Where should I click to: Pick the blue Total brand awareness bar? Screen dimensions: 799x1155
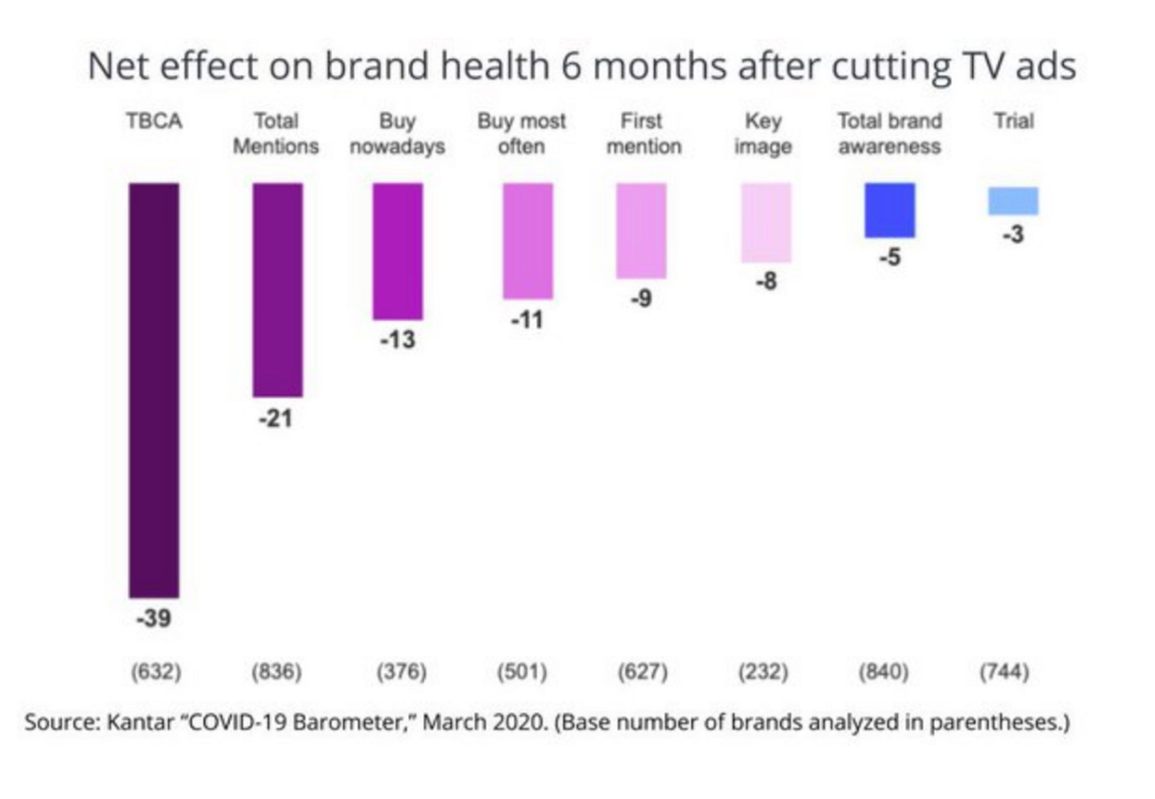pos(890,210)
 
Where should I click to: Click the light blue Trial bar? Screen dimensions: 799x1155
pos(1013,201)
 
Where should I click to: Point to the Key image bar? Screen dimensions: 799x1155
pos(766,223)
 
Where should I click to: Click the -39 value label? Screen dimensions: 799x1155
pos(154,619)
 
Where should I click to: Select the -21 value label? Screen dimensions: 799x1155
pos(275,418)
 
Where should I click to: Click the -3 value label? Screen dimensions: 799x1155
pos(1013,234)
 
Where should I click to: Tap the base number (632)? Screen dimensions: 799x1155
pos(156,671)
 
